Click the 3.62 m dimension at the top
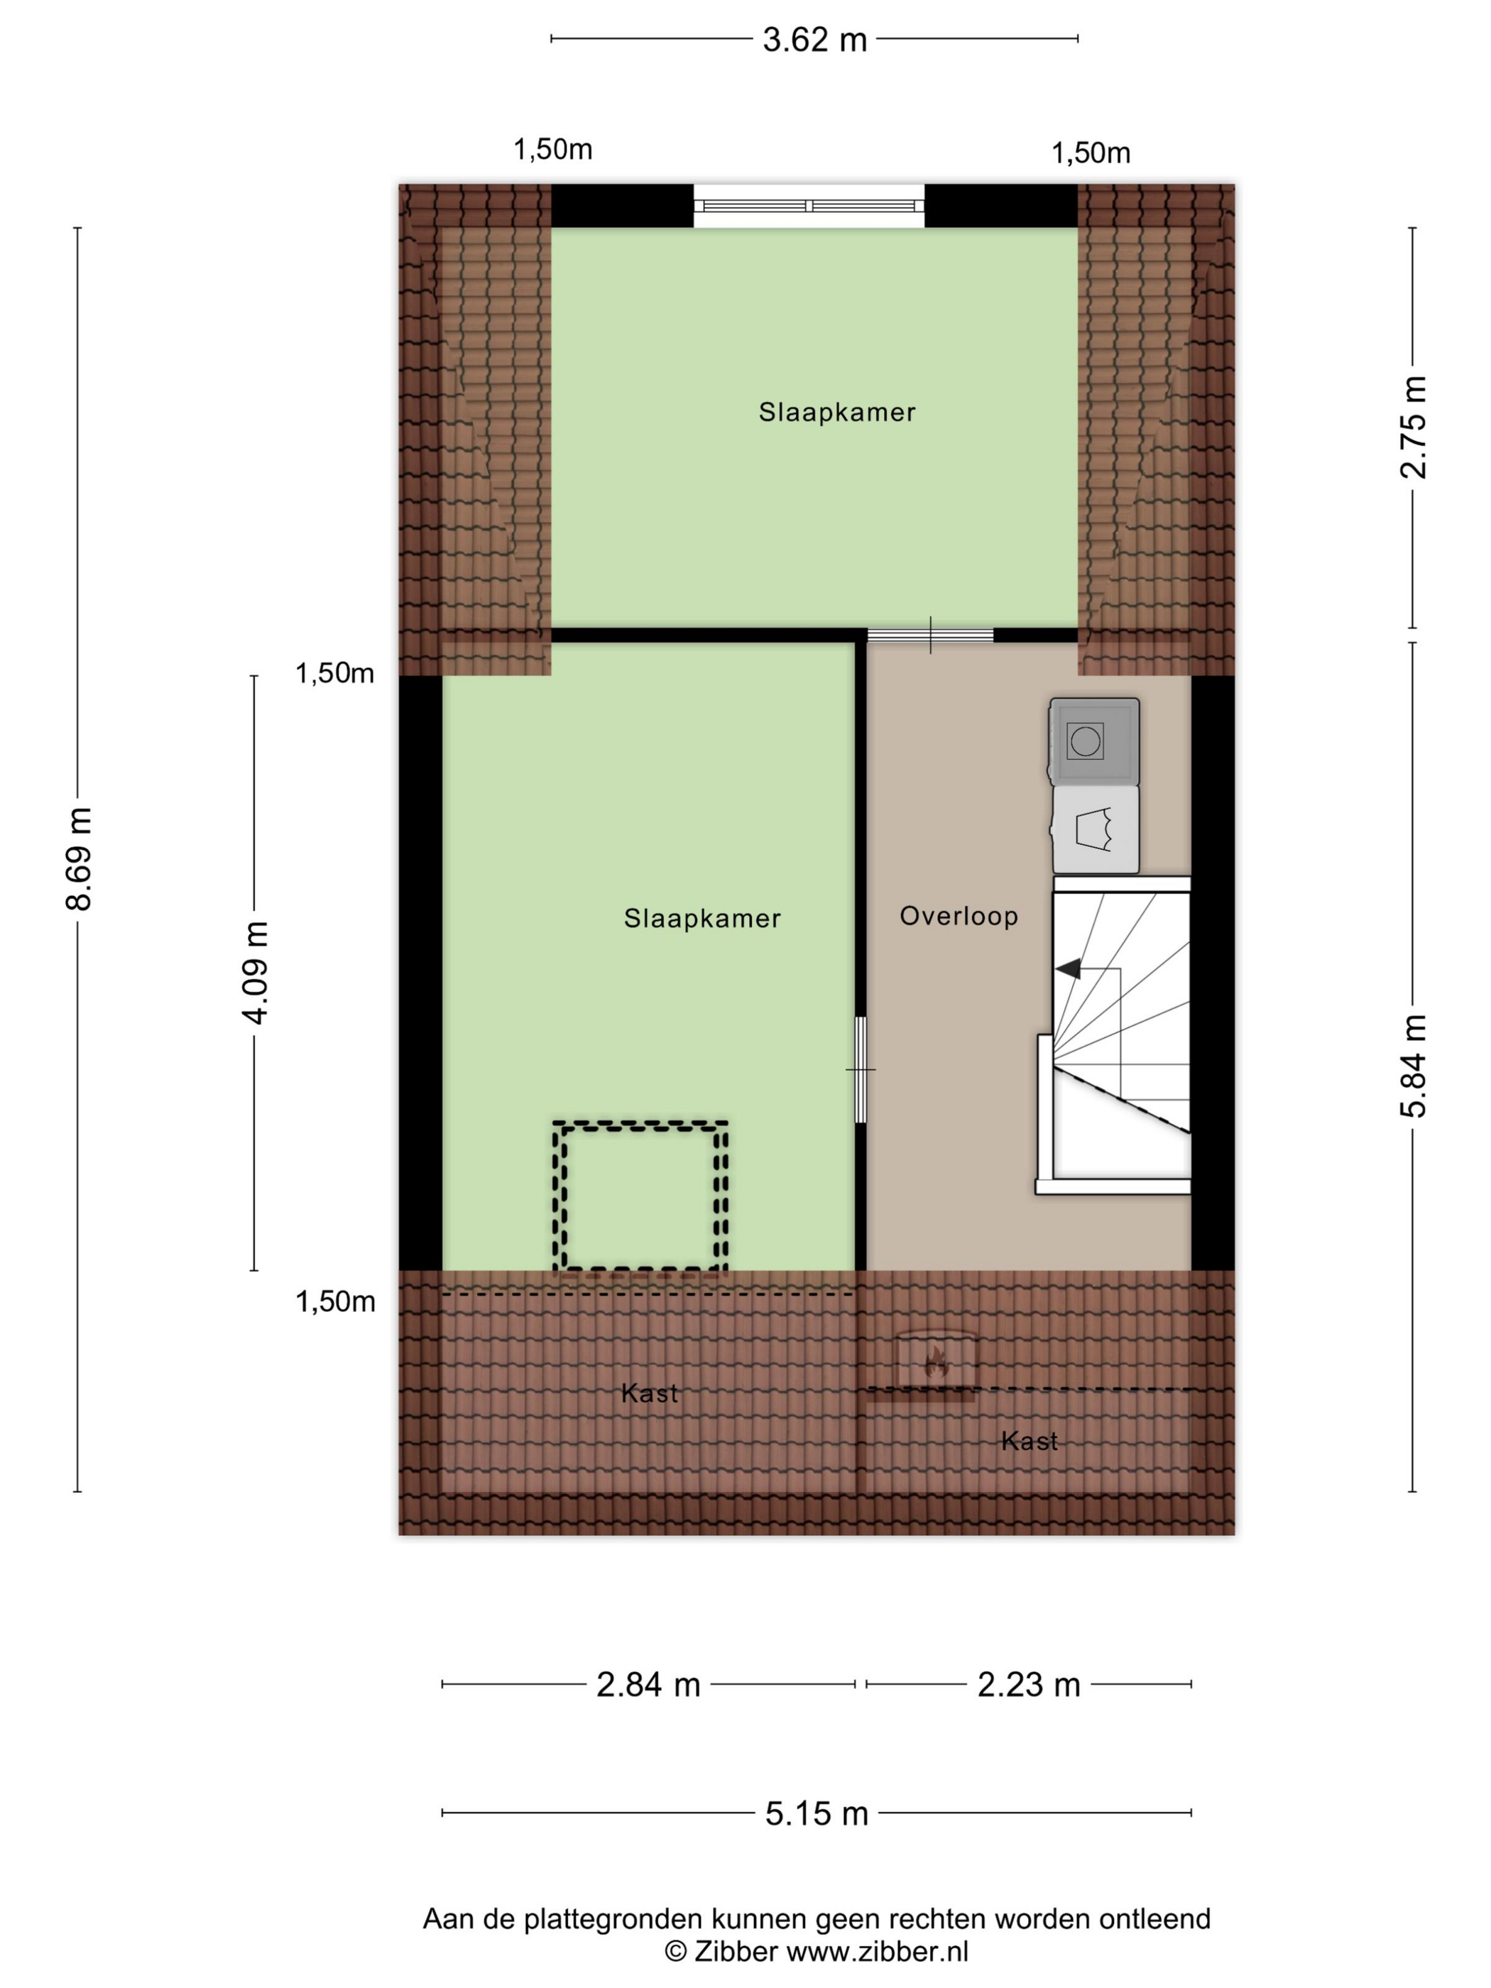(814, 40)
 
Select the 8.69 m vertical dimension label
(79, 858)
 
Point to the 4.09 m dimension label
(255, 973)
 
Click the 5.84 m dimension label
(1413, 1065)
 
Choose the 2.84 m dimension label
(648, 1685)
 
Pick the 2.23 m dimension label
(1028, 1685)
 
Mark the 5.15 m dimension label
(816, 1813)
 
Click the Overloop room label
(958, 917)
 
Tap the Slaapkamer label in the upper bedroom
(836, 413)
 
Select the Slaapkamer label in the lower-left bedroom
(702, 919)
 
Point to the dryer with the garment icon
(1095, 829)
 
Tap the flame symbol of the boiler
(936, 1363)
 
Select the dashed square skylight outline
(640, 1196)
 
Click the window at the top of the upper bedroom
(809, 206)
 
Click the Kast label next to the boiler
(1029, 1441)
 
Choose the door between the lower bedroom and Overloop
(860, 1069)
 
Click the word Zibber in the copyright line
(735, 1951)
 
